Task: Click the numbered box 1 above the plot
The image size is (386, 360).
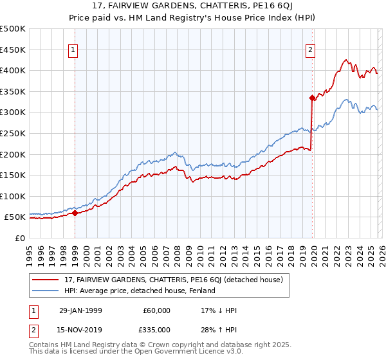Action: click(x=73, y=50)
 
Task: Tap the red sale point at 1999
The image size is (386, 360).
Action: click(x=75, y=213)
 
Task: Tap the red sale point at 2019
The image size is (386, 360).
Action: click(x=312, y=98)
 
